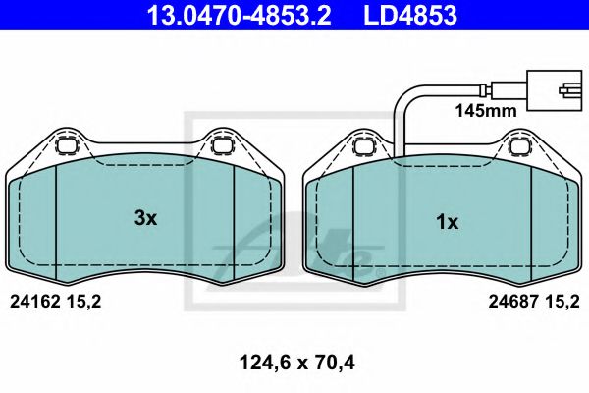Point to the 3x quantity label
click(145, 218)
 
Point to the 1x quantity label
click(447, 222)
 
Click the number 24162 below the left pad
click(35, 304)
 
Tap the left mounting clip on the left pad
click(69, 148)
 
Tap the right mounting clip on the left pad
click(221, 148)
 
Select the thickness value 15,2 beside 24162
click(84, 304)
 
